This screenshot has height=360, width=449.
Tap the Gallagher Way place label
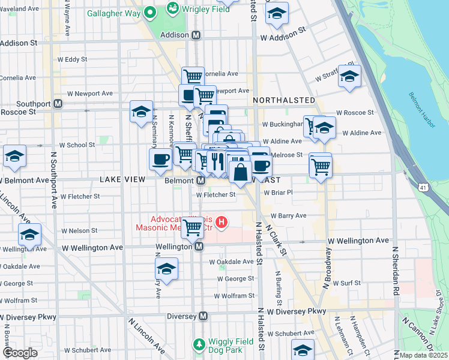(x=113, y=13)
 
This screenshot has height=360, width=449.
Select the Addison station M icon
(x=196, y=35)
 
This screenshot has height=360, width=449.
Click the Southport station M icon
(x=58, y=103)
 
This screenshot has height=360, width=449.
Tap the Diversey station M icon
(x=203, y=316)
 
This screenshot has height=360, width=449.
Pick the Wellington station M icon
(x=199, y=246)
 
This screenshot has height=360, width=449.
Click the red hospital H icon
(x=221, y=223)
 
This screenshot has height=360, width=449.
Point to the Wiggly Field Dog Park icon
(x=199, y=344)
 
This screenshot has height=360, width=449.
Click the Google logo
(x=19, y=353)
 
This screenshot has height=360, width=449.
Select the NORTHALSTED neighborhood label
(x=284, y=100)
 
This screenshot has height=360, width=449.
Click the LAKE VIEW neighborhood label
(x=124, y=179)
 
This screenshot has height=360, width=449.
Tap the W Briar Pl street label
(x=278, y=193)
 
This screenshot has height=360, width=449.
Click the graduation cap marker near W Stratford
(x=349, y=76)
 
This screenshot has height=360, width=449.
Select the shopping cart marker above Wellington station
(x=192, y=227)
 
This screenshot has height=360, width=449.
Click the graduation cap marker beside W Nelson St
(x=29, y=235)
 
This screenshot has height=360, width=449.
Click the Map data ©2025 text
(x=423, y=355)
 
